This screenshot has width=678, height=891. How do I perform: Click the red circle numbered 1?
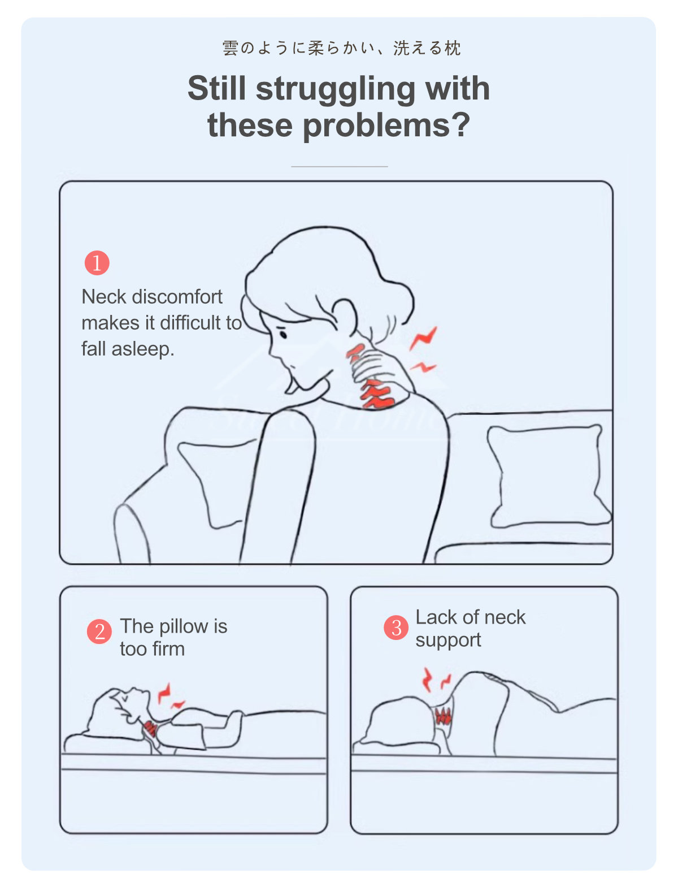[x=97, y=263]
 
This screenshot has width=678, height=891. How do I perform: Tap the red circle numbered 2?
[x=99, y=632]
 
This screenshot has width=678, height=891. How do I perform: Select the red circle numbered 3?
[x=396, y=628]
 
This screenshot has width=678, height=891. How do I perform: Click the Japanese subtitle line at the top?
[x=341, y=48]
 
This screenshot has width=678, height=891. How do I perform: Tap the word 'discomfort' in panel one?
[x=177, y=297]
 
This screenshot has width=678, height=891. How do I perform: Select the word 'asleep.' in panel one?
[x=143, y=349]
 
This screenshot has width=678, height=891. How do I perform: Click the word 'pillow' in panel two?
[x=183, y=627]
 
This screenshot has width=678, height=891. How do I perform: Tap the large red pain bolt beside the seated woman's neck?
[x=423, y=338]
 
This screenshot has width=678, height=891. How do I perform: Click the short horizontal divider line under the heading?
[x=340, y=166]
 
